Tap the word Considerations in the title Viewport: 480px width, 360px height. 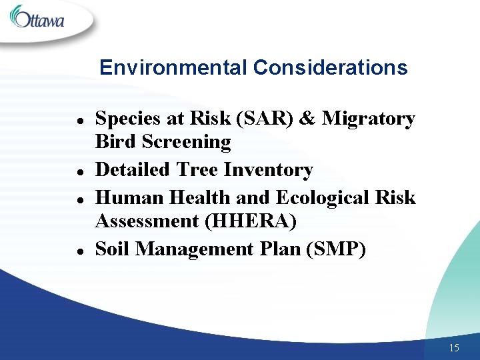point(331,68)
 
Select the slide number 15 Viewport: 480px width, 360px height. point(454,348)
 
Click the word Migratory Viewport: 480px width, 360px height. point(369,119)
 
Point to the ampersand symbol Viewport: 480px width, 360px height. point(307,119)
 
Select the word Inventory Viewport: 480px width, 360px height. point(268,170)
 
